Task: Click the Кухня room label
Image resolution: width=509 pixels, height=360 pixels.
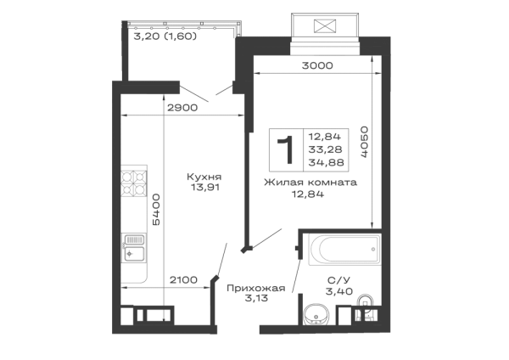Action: pos(204,177)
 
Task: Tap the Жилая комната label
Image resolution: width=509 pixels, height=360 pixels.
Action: pos(310,183)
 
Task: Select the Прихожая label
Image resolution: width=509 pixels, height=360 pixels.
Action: pos(256,288)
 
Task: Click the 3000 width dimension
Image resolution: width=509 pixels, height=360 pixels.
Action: pos(317,65)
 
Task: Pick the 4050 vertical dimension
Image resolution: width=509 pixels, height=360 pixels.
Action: pos(364,142)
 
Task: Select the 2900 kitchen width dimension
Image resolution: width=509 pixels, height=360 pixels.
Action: pos(182,108)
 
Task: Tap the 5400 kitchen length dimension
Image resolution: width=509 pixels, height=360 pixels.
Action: pos(156,210)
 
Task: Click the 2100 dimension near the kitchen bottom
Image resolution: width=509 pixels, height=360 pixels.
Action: pos(183,279)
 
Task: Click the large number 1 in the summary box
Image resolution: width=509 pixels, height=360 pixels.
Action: pos(285,149)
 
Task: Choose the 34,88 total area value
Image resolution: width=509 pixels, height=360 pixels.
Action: pos(326,162)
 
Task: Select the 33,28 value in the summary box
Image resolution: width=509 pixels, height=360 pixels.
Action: pos(325,149)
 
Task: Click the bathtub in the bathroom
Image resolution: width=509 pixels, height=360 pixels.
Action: pos(344,250)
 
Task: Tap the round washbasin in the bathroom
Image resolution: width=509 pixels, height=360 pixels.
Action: pos(316,315)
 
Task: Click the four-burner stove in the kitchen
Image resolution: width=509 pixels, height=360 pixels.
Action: pos(134,183)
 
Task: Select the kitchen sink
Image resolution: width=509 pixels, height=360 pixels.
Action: pos(133,248)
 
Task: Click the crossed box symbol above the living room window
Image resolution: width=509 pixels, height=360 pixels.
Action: pos(325,26)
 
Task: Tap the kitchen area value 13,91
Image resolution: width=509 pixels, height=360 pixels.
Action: pos(204,188)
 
